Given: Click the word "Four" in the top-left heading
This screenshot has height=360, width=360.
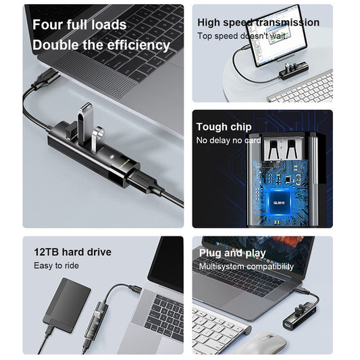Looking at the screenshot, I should pos(49,25).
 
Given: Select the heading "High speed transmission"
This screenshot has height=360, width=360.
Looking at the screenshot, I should pos(258,22).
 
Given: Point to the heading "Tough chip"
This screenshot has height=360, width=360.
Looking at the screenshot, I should pos(224,127).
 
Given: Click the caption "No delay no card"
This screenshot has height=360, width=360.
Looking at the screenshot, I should pos(228,140).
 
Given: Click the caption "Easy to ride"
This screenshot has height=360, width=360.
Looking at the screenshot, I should pos(56,265).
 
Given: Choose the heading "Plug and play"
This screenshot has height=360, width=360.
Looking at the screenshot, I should pos(232,253).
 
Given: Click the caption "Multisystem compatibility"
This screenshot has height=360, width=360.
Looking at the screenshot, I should pos(246,267).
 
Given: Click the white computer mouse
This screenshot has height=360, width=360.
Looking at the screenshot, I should pos(262,343).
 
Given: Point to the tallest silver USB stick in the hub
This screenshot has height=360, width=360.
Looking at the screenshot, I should pos(84,124).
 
